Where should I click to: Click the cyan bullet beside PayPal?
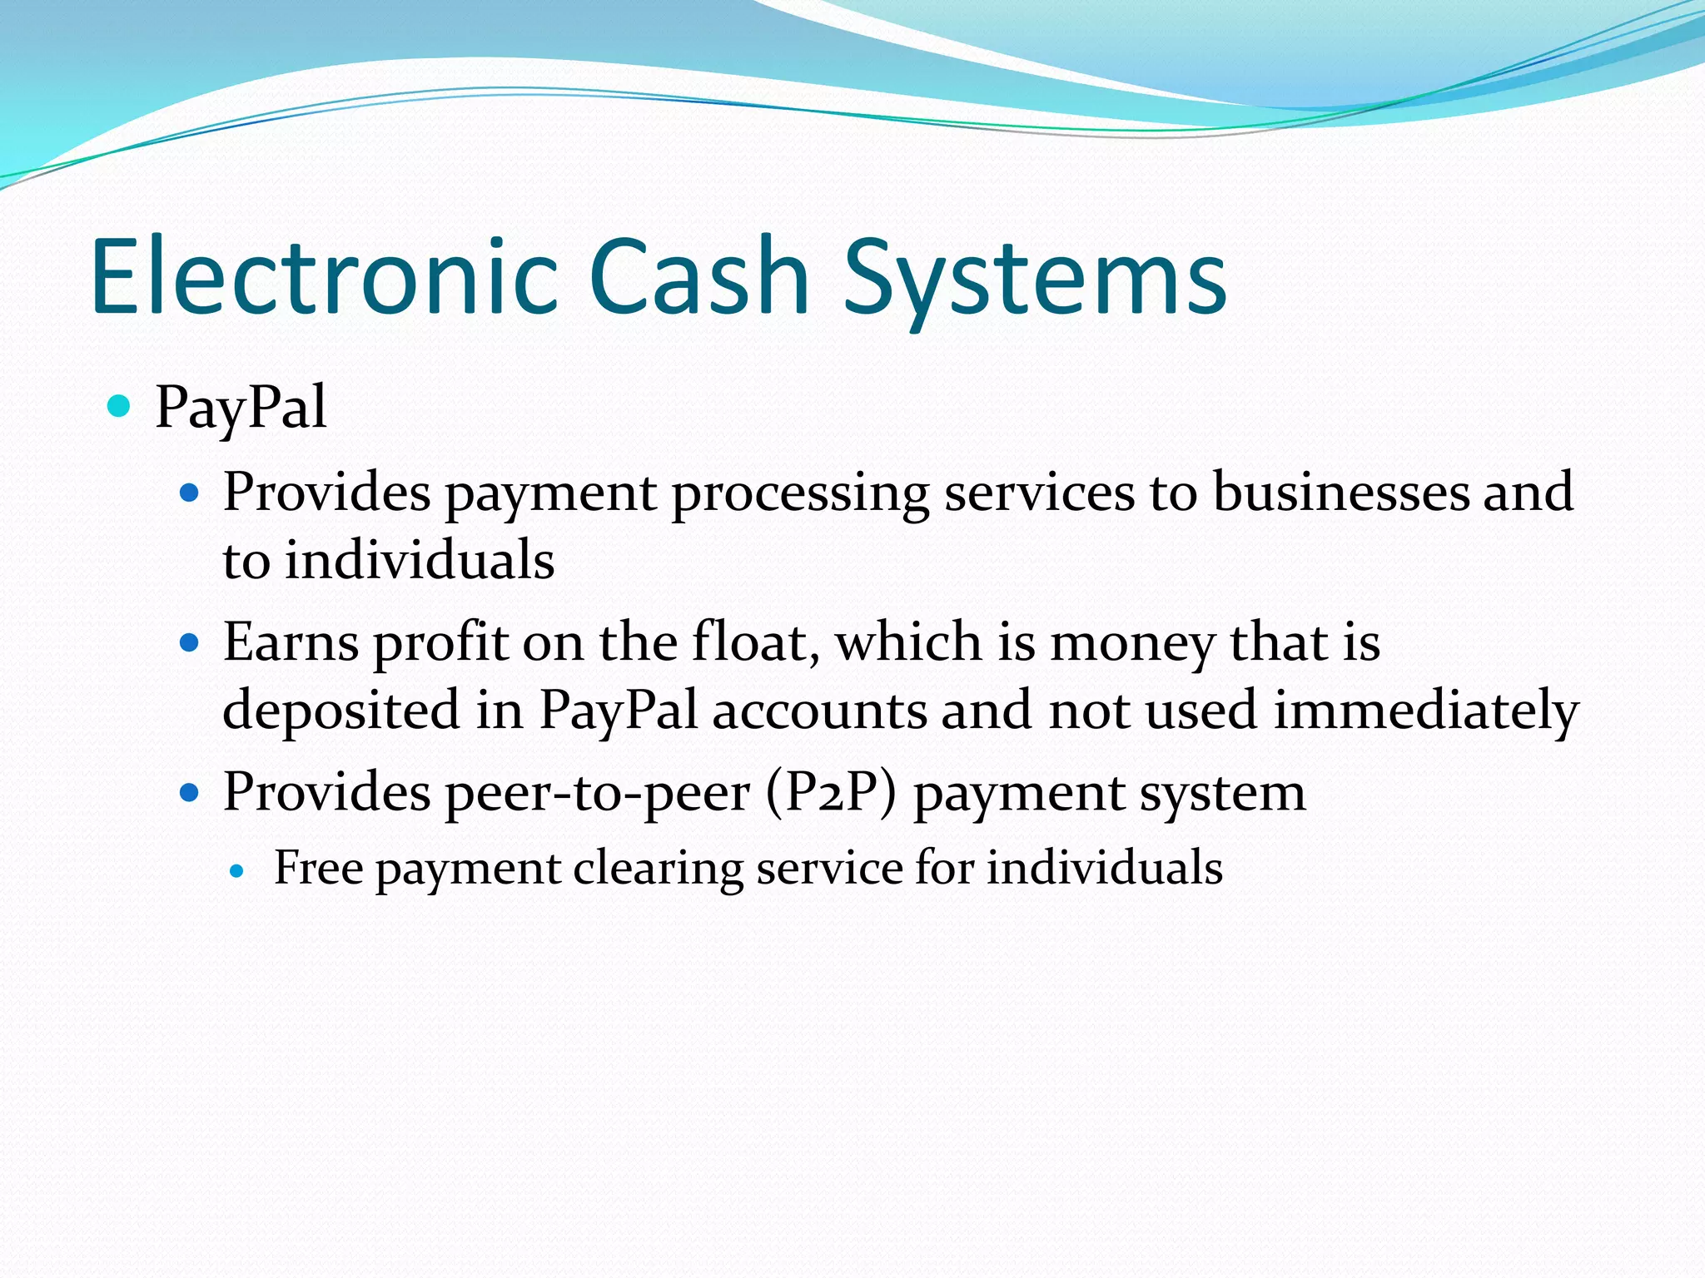[120, 406]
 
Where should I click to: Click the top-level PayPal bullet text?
[241, 408]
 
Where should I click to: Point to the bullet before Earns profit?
[190, 643]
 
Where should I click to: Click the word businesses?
[1340, 492]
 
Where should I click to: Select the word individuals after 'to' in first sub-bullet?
[420, 560]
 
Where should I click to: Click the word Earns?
[291, 643]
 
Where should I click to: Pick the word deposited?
[341, 711]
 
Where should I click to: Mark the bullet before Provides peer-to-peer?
[190, 792]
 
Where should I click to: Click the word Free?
[318, 868]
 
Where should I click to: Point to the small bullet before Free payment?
[238, 871]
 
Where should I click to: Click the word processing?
[800, 493]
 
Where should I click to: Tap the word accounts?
[819, 711]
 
